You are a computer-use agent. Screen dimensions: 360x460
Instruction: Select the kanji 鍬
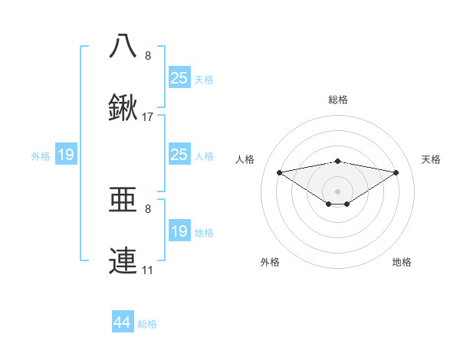pos(123,109)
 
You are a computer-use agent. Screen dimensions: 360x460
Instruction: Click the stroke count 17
pos(148,118)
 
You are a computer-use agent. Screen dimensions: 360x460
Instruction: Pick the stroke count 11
pos(147,270)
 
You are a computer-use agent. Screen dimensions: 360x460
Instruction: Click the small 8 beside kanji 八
pos(148,56)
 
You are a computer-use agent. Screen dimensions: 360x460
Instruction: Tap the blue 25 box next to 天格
pos(179,78)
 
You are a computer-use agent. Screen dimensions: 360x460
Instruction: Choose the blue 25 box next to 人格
pos(179,155)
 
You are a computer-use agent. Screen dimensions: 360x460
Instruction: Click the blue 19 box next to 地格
pos(179,231)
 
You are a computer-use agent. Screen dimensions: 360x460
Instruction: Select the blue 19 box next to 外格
pos(66,155)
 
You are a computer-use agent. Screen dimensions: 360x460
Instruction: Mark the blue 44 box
pos(123,322)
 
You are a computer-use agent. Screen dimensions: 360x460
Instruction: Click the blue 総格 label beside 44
pos(147,324)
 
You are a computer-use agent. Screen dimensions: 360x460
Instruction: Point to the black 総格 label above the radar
pos(338,100)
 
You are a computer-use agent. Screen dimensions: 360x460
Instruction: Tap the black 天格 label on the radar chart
pos(431,159)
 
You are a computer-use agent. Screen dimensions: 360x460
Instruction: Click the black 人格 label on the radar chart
pos(245,159)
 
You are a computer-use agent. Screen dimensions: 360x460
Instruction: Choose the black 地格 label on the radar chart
pos(402,262)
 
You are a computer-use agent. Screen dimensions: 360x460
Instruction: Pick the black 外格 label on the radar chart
pos(270,262)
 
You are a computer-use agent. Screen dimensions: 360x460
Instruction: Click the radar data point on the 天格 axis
pos(396,172)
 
